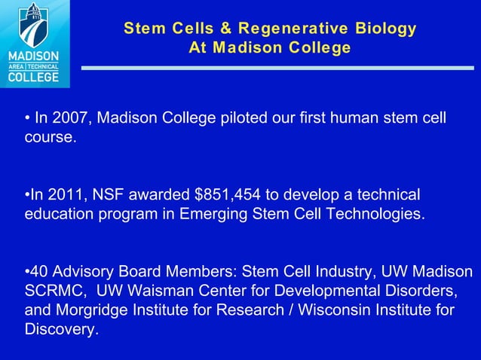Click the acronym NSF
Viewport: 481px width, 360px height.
click(x=100, y=194)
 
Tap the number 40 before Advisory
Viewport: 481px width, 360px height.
click(x=39, y=270)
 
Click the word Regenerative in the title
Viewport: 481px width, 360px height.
click(x=290, y=29)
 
